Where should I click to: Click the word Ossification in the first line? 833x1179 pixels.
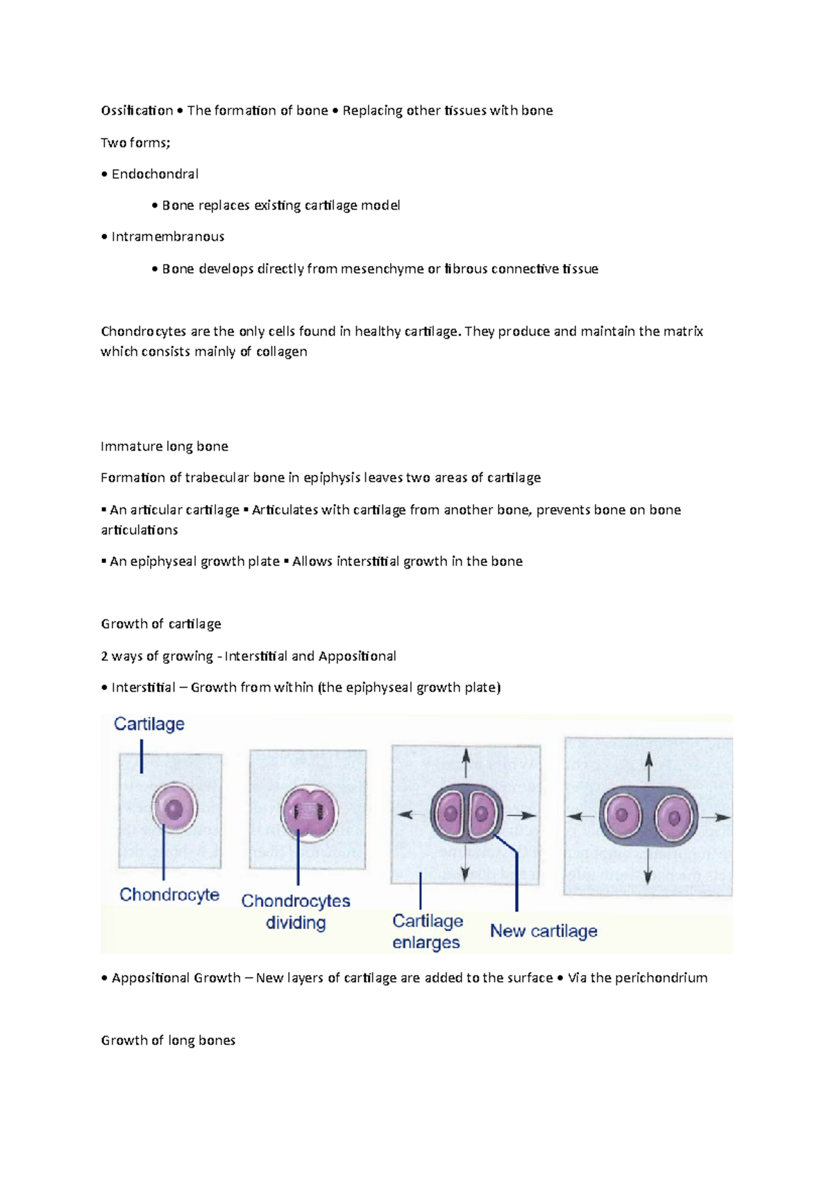tap(137, 110)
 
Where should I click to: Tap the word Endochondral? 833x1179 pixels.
tap(155, 174)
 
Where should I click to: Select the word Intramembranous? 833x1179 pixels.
tap(167, 237)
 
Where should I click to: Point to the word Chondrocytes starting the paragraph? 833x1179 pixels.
tap(143, 331)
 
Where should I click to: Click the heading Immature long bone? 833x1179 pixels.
tap(165, 446)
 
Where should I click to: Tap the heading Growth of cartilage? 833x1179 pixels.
tap(161, 624)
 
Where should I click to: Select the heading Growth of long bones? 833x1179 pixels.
tap(168, 1040)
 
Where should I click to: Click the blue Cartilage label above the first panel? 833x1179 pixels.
tap(149, 724)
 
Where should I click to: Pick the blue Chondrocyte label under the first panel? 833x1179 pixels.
tap(169, 894)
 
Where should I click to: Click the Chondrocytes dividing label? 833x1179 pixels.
tap(296, 911)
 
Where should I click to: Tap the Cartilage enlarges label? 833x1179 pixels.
tap(427, 931)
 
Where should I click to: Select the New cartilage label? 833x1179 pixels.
tap(544, 930)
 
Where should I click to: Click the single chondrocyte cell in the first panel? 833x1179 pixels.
tap(174, 808)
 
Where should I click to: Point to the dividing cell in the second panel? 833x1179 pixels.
tap(308, 812)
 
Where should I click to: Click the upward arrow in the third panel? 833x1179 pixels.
tap(466, 762)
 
